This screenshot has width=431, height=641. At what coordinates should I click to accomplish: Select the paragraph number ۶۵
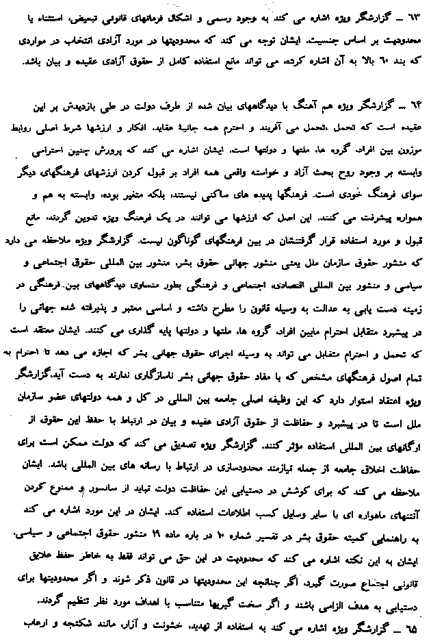(415, 630)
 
